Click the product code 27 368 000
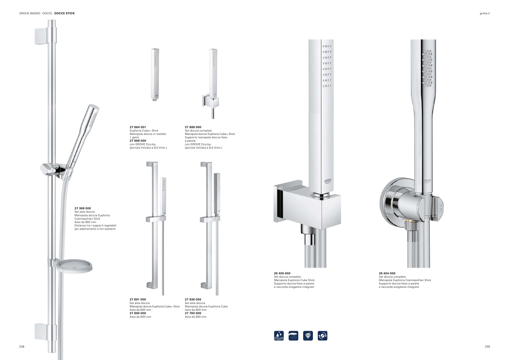(x=83, y=208)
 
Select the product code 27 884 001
(x=138, y=127)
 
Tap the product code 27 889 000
(x=193, y=127)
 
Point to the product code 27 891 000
(x=138, y=299)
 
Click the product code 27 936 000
(x=193, y=299)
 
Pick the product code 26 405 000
(x=282, y=273)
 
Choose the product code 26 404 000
(x=387, y=273)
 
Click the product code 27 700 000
(x=193, y=313)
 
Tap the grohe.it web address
(x=485, y=14)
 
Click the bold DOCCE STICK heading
(x=65, y=13)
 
